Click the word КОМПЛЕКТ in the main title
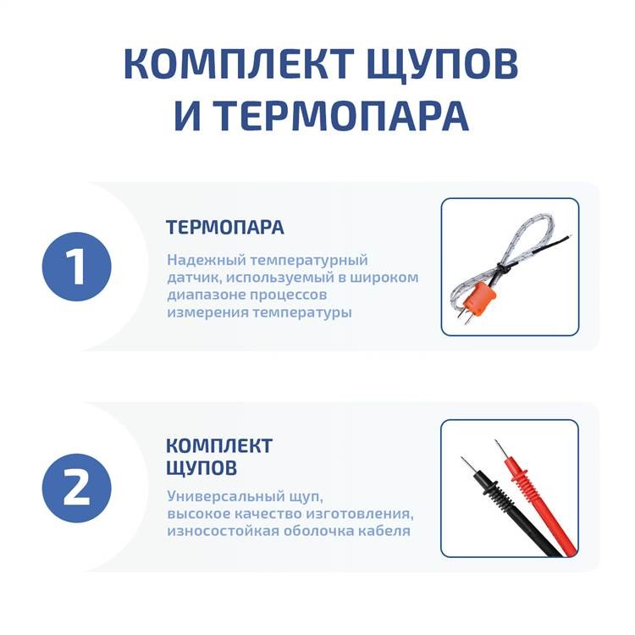(238, 63)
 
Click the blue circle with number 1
(77, 267)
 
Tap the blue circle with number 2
(77, 488)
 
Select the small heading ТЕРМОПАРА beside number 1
(225, 227)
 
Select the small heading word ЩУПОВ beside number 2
(202, 467)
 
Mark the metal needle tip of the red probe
(500, 450)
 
